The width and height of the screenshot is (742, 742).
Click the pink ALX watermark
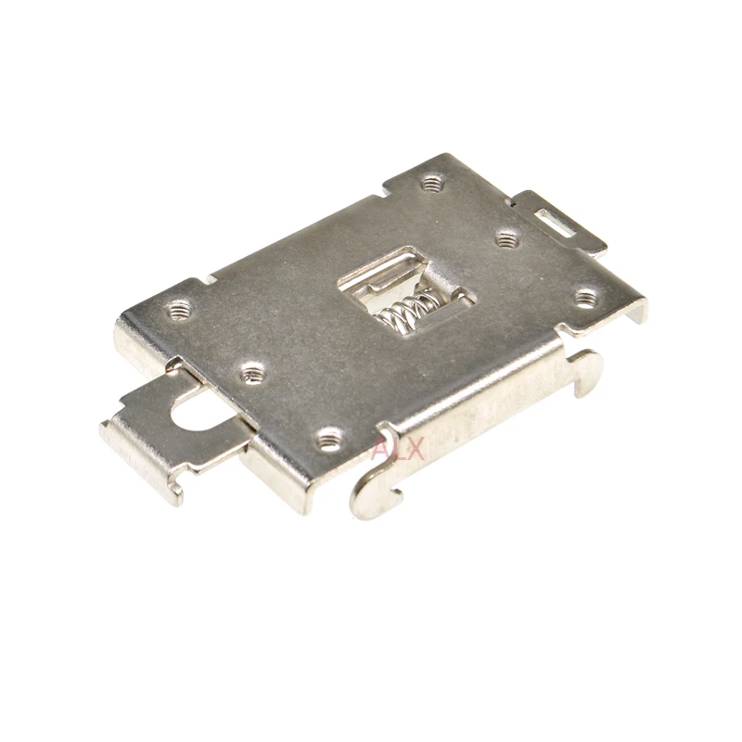pyautogui.click(x=398, y=449)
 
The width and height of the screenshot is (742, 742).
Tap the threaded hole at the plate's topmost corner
pyautogui.click(x=431, y=182)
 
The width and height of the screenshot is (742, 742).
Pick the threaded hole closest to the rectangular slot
pyautogui.click(x=506, y=239)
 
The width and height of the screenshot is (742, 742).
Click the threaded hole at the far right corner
pyautogui.click(x=586, y=298)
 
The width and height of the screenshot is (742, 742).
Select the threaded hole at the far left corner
pyautogui.click(x=178, y=312)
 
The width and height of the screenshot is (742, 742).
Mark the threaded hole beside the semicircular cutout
pyautogui.click(x=251, y=373)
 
